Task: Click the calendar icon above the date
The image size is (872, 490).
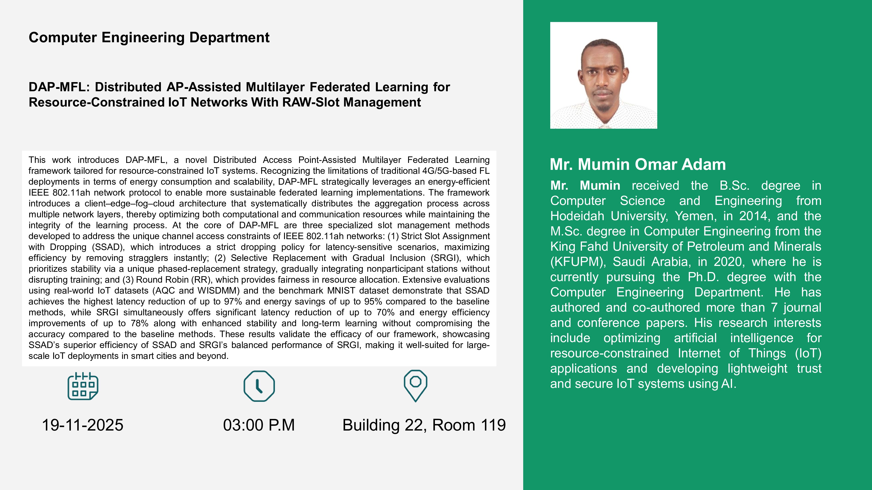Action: pos(83,386)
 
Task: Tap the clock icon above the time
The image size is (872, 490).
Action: pos(259,386)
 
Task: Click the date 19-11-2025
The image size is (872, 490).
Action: pos(83,425)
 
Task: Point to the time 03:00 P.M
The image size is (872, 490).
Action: pos(259,425)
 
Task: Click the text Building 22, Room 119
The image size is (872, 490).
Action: pos(424,425)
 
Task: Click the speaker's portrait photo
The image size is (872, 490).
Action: pos(604,75)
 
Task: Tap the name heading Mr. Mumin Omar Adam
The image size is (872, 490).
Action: pos(638,164)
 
